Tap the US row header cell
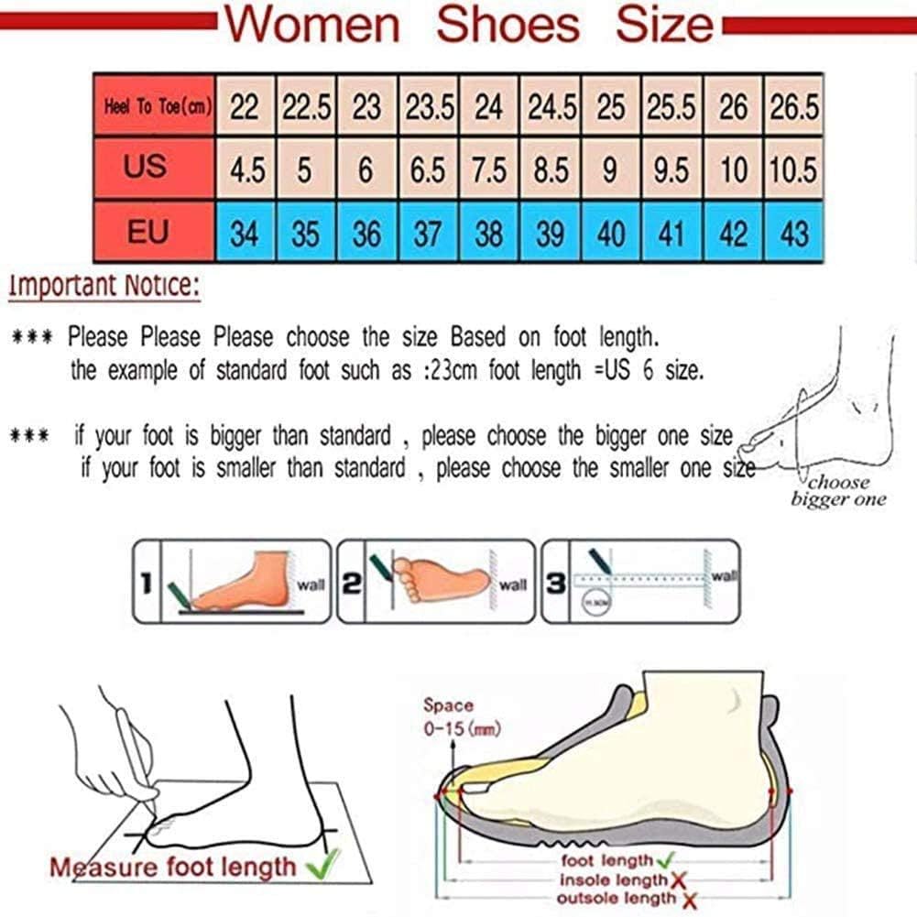point(147,168)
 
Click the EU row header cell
point(147,232)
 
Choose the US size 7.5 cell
point(489,170)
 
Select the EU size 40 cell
point(611,234)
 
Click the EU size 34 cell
point(245,234)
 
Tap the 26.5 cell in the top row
point(793,107)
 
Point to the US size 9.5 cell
point(671,170)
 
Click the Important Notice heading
point(104,286)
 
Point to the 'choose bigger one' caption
point(838,490)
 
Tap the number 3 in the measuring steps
point(555,584)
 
